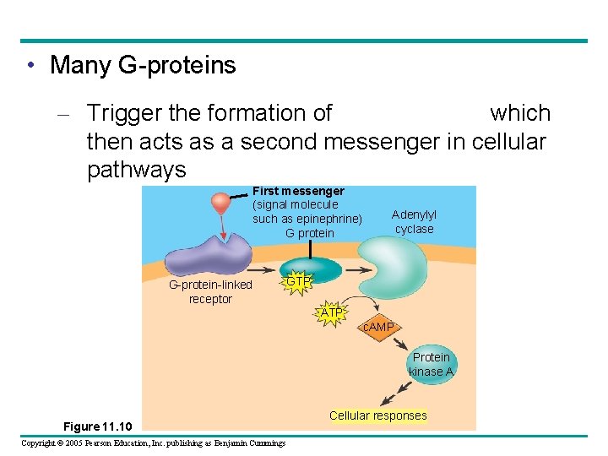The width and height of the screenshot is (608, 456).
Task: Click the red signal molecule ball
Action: point(221,203)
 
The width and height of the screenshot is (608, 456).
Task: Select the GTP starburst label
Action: point(298,281)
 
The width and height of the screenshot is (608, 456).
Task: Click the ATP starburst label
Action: point(332,313)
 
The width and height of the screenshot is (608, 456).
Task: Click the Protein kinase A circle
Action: point(431,365)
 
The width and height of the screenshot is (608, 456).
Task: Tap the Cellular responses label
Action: point(378,415)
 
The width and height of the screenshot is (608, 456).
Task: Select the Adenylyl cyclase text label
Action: point(414,222)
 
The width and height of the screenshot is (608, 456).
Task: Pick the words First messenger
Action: point(298,192)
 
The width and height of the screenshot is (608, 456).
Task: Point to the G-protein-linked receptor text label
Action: point(210,291)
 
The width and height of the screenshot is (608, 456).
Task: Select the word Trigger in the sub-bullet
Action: point(129,113)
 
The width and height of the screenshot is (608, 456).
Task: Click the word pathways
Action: point(136,170)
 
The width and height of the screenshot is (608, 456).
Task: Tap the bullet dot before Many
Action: point(30,65)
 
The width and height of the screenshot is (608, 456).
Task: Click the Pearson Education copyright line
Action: point(153,442)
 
